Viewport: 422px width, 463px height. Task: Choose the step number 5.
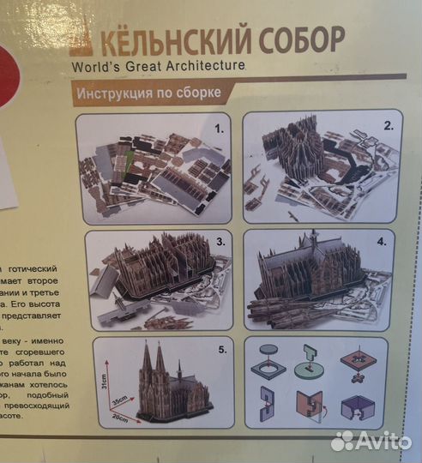221,350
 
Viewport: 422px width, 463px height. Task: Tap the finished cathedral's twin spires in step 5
152,360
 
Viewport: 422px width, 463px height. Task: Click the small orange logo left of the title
81,39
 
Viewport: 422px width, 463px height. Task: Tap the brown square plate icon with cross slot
360,360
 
